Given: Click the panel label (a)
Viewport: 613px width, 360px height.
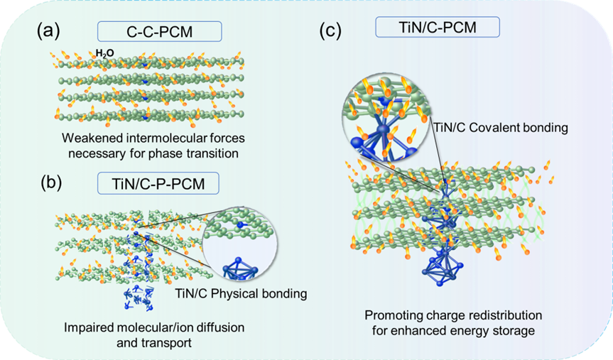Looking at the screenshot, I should click(x=50, y=31).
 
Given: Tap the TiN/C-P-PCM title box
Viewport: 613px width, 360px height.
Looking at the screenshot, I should click(x=158, y=185).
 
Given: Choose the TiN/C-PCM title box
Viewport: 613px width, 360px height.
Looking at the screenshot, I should click(x=437, y=27).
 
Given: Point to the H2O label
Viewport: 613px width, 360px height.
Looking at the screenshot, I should click(x=104, y=53).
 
